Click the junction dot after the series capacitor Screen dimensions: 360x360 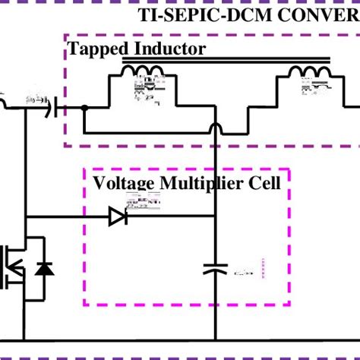[x=84, y=109]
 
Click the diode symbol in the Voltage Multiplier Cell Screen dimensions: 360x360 [x=118, y=217]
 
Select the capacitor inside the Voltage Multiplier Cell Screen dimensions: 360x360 [x=216, y=268]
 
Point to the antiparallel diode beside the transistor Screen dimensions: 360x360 [x=44, y=267]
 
